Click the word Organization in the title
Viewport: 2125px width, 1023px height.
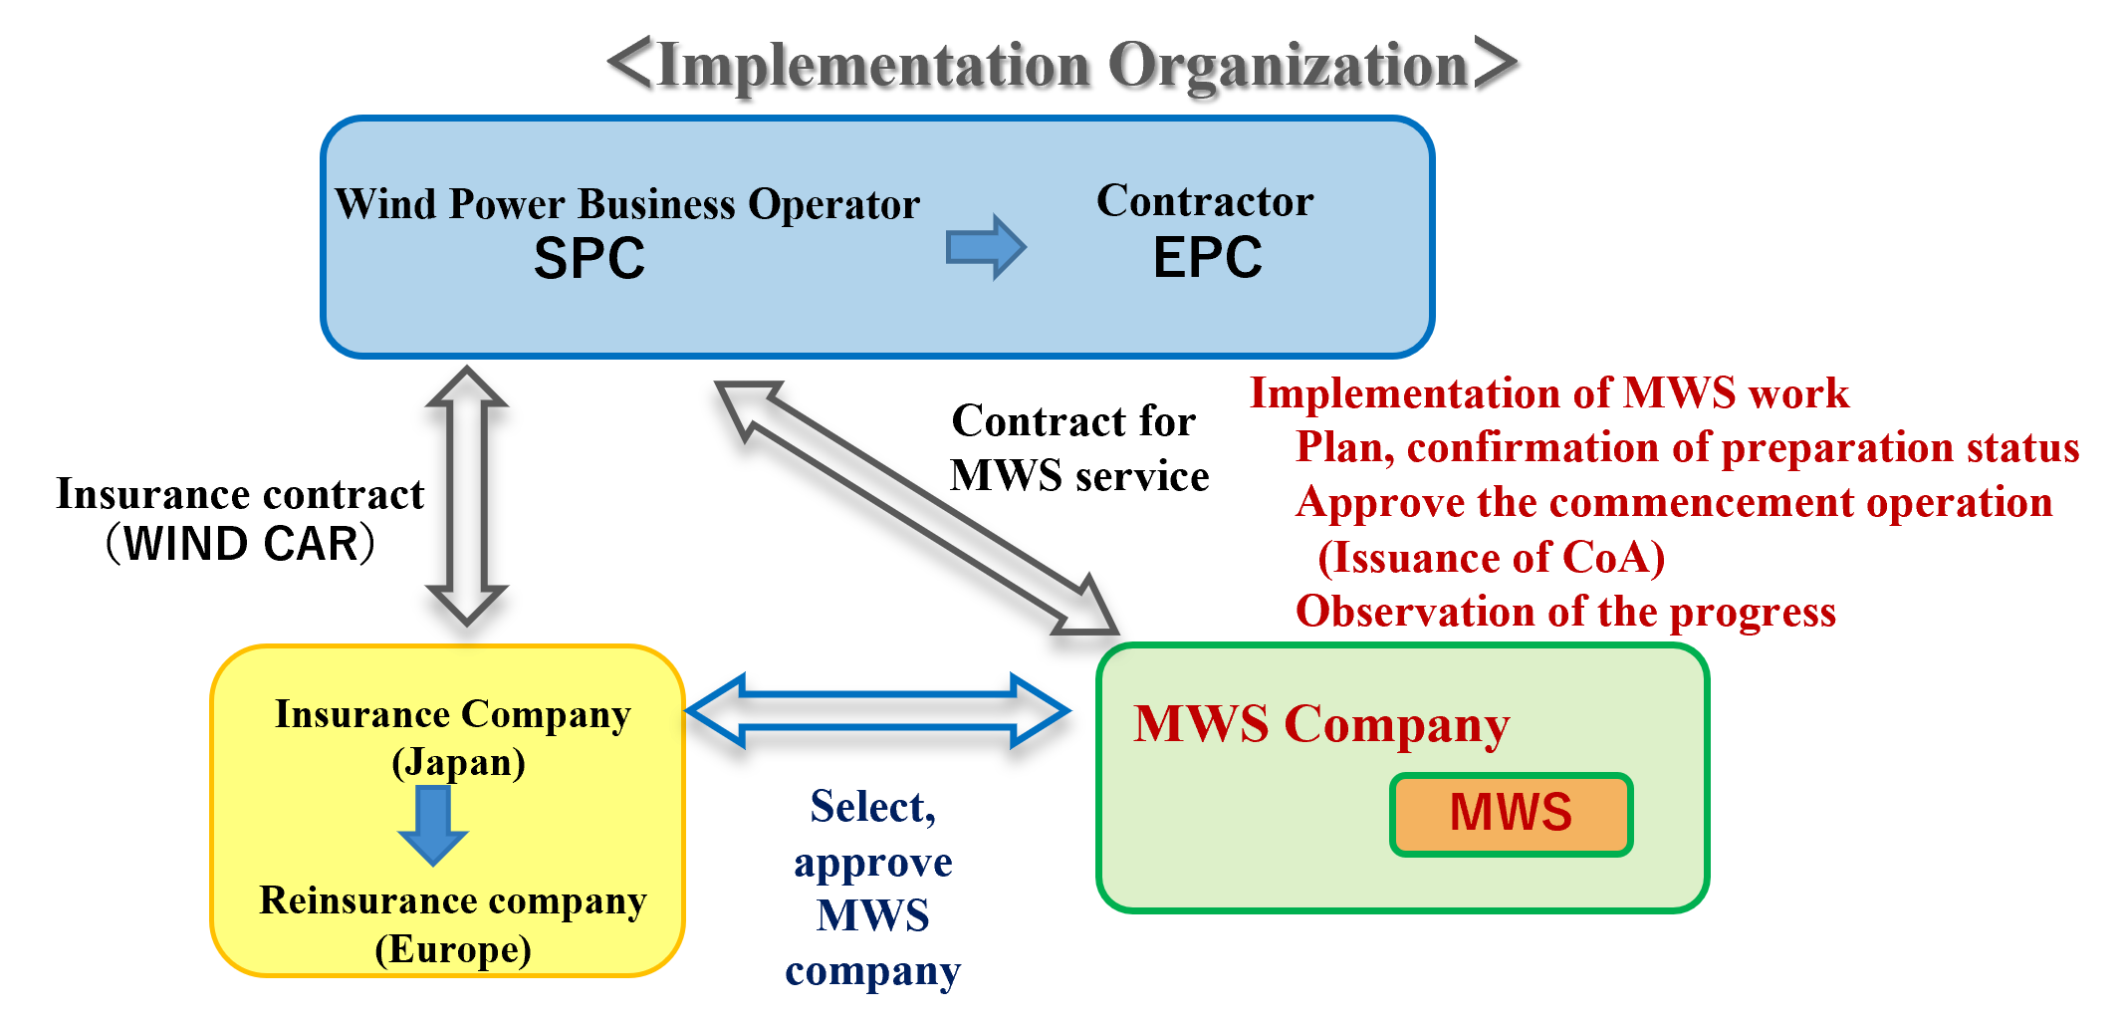pos(1287,66)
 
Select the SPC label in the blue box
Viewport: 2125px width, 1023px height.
pos(590,259)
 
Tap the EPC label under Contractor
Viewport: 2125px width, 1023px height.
pos(1207,258)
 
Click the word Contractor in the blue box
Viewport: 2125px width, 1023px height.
pos(1205,201)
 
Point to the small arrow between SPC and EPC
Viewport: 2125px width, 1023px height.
pos(985,246)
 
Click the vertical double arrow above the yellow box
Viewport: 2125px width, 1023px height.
pos(467,495)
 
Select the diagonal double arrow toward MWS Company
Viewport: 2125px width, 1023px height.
pos(916,507)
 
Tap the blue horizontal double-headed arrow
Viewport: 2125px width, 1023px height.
pos(878,710)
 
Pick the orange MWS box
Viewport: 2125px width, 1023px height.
pos(1511,814)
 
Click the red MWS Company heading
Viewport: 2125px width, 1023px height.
pos(1321,724)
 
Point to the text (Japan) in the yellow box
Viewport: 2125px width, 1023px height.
pos(458,763)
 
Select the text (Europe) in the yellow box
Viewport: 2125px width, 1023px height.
pos(453,949)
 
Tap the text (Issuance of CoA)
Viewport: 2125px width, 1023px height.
pos(1491,558)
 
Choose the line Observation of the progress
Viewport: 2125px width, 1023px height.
pos(1565,612)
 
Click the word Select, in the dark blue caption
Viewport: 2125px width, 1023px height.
pos(873,807)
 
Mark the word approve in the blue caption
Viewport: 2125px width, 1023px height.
pos(873,863)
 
